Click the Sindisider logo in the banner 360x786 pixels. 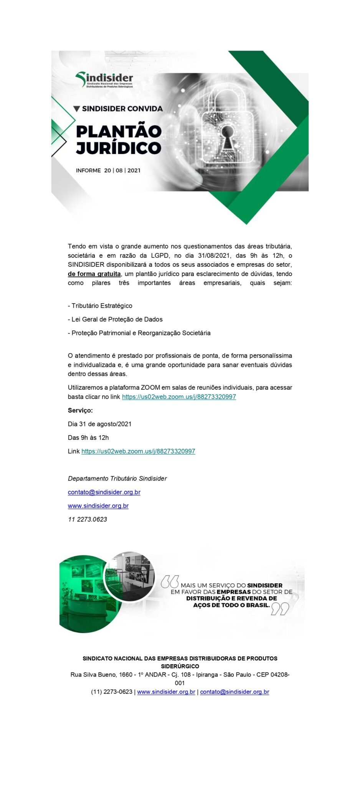(104, 80)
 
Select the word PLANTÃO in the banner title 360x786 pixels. (119, 132)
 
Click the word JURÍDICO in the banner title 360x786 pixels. (118, 148)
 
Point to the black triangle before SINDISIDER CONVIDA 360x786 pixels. (76, 109)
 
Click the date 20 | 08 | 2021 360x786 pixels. (122, 170)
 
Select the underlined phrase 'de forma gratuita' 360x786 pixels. (94, 274)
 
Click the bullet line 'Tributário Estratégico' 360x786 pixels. (100, 305)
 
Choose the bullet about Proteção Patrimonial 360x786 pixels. (139, 333)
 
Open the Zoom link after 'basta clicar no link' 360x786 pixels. (179, 396)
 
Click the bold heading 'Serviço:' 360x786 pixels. (80, 410)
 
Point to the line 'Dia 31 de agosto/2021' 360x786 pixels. (100, 424)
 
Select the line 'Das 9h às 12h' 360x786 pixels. (88, 438)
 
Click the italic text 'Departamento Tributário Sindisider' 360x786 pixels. (117, 478)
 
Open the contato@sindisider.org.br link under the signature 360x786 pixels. (104, 492)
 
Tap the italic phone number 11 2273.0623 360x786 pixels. (88, 519)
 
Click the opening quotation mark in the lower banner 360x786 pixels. (169, 581)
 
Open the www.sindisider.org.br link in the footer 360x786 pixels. (166, 692)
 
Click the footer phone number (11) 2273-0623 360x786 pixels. (112, 692)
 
